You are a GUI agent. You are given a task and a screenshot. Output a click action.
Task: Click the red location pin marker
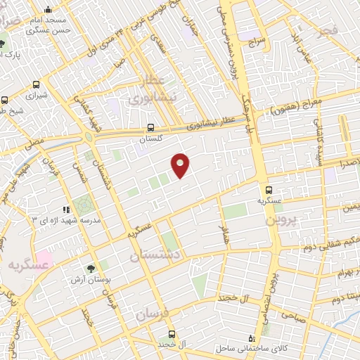click(x=181, y=165)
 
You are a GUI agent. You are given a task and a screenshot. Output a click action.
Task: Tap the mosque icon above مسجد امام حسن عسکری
click(x=47, y=10)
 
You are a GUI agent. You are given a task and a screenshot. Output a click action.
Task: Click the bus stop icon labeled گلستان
click(x=151, y=127)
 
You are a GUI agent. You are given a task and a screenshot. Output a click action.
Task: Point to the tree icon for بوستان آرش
click(x=90, y=268)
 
